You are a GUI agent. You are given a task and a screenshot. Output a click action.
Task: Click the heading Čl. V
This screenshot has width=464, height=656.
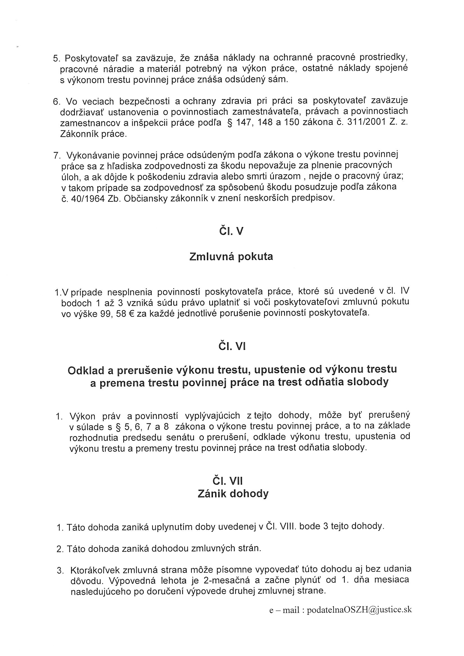point(231,231)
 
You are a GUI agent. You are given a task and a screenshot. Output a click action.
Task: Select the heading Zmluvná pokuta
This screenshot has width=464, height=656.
point(231,256)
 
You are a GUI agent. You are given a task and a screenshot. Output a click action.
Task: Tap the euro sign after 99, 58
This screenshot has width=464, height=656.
point(132,313)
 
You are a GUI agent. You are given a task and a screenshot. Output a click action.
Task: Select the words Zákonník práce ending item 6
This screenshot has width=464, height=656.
point(93,134)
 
